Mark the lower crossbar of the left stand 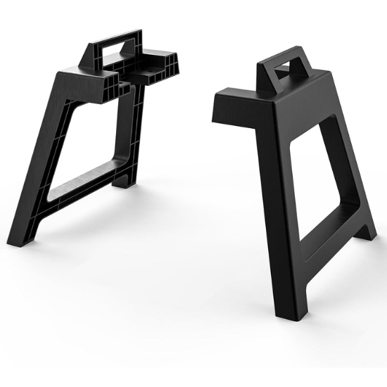pos(84,179)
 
